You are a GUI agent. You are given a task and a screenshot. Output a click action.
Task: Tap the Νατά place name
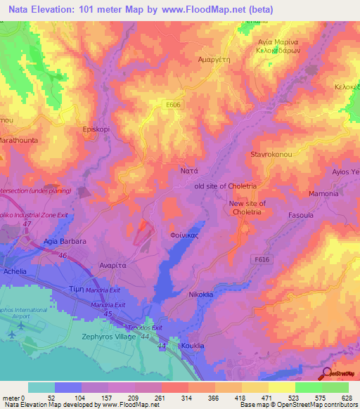pos(180,170)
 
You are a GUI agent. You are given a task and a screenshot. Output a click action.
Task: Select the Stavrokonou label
pos(271,152)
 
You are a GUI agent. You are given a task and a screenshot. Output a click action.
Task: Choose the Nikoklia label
pos(200,295)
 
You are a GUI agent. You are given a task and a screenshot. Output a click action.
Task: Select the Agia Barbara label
pos(65,241)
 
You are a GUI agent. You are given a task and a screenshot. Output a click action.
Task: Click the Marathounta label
pos(17,141)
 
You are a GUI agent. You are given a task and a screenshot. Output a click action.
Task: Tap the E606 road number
pos(167,103)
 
